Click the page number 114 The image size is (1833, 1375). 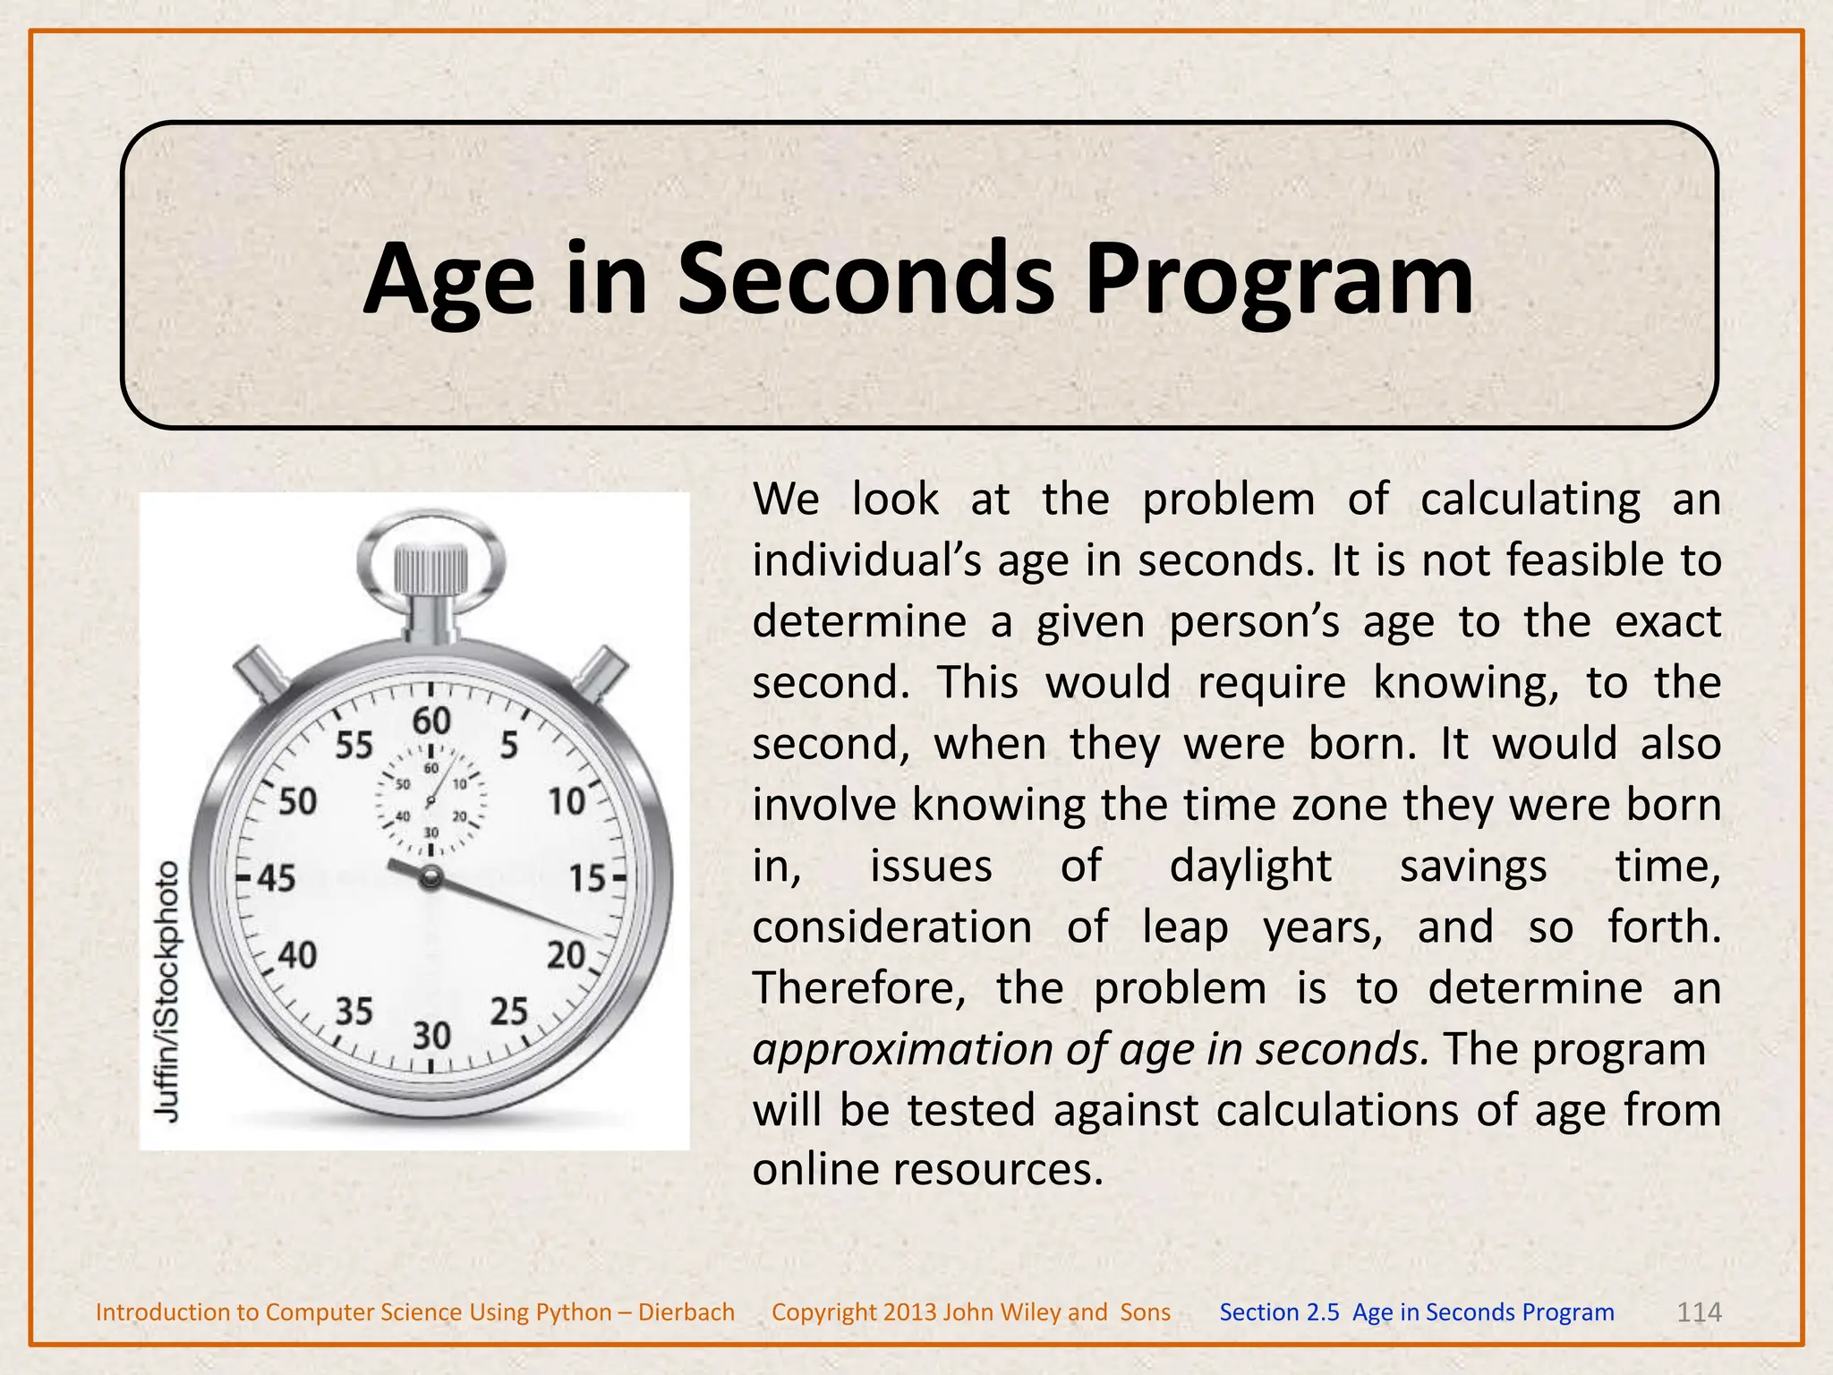click(x=1698, y=1312)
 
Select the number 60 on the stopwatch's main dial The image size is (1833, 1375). click(x=431, y=721)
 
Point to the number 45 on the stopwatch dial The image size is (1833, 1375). click(x=277, y=877)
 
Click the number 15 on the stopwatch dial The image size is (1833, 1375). click(x=587, y=878)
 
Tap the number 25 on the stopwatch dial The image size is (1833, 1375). click(x=509, y=1012)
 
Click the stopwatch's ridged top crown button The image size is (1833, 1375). click(x=431, y=568)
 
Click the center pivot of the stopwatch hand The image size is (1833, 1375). click(x=431, y=877)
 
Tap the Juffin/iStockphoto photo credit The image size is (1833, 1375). click(x=168, y=990)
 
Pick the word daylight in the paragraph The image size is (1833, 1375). click(x=1250, y=867)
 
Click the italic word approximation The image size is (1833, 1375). click(x=902, y=1050)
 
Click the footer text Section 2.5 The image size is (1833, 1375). click(x=1279, y=1312)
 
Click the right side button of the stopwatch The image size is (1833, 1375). click(x=602, y=670)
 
